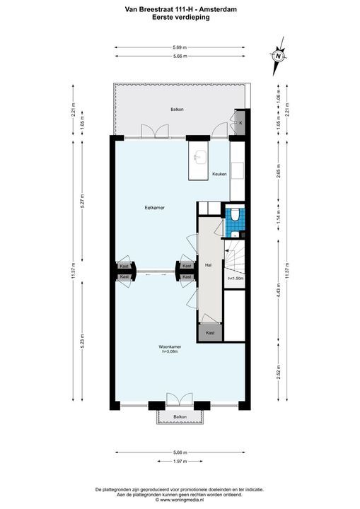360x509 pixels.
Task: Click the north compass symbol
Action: click(x=278, y=56)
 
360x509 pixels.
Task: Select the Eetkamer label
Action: click(x=154, y=208)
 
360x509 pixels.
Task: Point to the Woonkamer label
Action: click(x=170, y=346)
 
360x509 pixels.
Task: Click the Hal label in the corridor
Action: click(x=208, y=265)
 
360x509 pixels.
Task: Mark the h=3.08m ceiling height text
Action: click(x=170, y=351)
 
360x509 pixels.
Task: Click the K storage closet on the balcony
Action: click(x=240, y=123)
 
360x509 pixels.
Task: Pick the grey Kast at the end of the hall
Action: click(x=210, y=332)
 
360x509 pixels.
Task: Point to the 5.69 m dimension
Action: click(x=180, y=47)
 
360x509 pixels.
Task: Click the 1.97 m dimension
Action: click(x=180, y=461)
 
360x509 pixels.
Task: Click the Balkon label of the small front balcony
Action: click(x=180, y=418)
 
